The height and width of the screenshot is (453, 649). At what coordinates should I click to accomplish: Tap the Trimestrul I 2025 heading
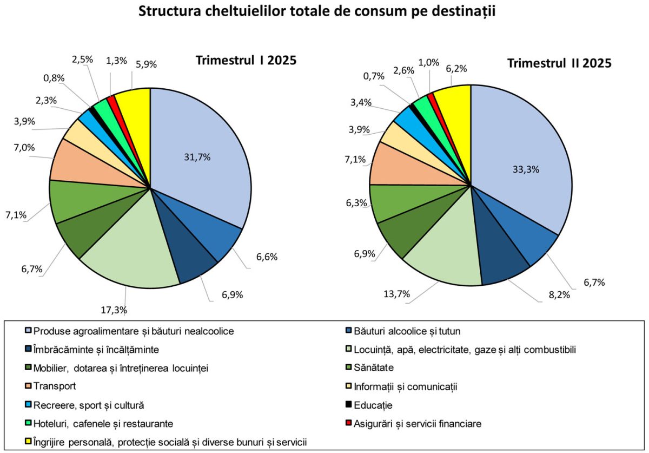246,60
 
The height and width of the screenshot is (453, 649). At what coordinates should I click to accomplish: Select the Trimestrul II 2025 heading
559,63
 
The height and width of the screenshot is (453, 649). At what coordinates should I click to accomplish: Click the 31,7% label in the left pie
197,157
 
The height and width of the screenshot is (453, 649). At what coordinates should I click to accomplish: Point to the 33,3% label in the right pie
526,169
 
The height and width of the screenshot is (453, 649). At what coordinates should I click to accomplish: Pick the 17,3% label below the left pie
114,310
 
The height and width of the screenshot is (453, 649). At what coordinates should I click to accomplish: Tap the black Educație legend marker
349,405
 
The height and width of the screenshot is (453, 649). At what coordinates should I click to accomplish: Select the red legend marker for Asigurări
349,424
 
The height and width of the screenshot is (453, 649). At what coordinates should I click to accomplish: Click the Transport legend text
55,386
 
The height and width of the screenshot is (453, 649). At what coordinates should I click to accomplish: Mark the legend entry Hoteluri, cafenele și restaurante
103,424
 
